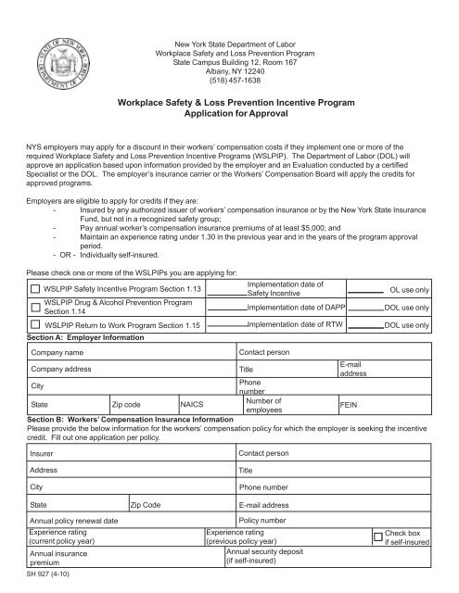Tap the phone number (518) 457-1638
229,79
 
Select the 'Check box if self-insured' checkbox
376,536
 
